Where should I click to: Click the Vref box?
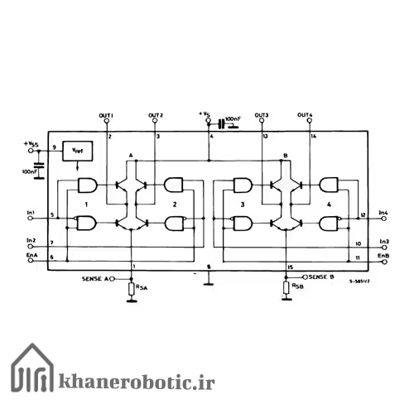(x=77, y=152)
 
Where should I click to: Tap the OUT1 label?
(x=106, y=114)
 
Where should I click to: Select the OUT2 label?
(x=156, y=114)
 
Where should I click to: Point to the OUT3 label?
(x=262, y=114)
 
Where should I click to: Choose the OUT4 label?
(x=306, y=114)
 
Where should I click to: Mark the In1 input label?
(x=31, y=214)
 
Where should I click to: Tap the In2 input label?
(x=31, y=240)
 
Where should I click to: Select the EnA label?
(x=31, y=256)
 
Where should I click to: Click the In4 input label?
(x=383, y=214)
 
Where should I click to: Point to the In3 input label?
(x=383, y=242)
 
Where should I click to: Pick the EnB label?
(x=383, y=256)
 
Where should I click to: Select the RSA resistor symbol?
(x=132, y=288)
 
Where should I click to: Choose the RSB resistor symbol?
(x=286, y=288)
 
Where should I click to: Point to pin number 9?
(x=54, y=147)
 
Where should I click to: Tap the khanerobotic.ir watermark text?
(x=136, y=382)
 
